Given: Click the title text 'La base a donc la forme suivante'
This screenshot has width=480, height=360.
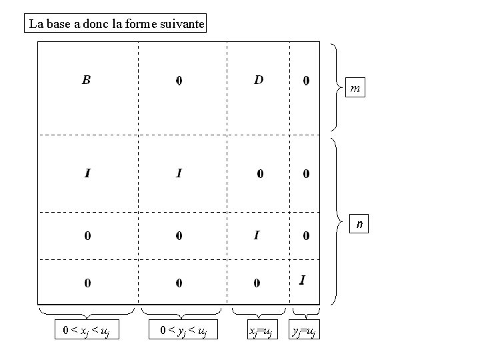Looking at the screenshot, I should [x=117, y=25].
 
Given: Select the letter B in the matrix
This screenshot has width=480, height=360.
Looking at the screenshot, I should [x=87, y=81].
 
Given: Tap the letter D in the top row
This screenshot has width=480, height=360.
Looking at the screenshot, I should [x=259, y=80].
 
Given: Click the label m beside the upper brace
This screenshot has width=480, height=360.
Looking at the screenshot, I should [x=357, y=88].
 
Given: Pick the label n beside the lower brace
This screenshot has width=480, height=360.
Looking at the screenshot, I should [x=359, y=225].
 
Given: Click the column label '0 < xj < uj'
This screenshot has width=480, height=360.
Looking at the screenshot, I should [x=87, y=329].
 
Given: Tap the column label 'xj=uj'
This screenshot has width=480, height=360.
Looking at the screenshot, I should [x=260, y=330].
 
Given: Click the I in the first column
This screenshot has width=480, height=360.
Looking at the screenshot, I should [x=87, y=174].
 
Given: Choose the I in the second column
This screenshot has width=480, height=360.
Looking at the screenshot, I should [x=179, y=174].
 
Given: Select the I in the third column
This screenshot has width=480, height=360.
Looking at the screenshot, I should [x=257, y=235].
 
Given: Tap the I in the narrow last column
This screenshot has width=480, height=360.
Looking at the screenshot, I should [x=303, y=280].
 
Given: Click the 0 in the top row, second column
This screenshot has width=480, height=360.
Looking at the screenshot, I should [x=179, y=81].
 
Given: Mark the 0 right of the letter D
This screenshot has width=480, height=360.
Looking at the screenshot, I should [x=306, y=81].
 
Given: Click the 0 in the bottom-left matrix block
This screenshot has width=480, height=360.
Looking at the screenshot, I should [x=87, y=283].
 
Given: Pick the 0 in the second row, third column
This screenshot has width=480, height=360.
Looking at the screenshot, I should [x=260, y=174].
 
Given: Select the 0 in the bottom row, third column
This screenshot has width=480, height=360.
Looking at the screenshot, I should [x=257, y=283].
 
